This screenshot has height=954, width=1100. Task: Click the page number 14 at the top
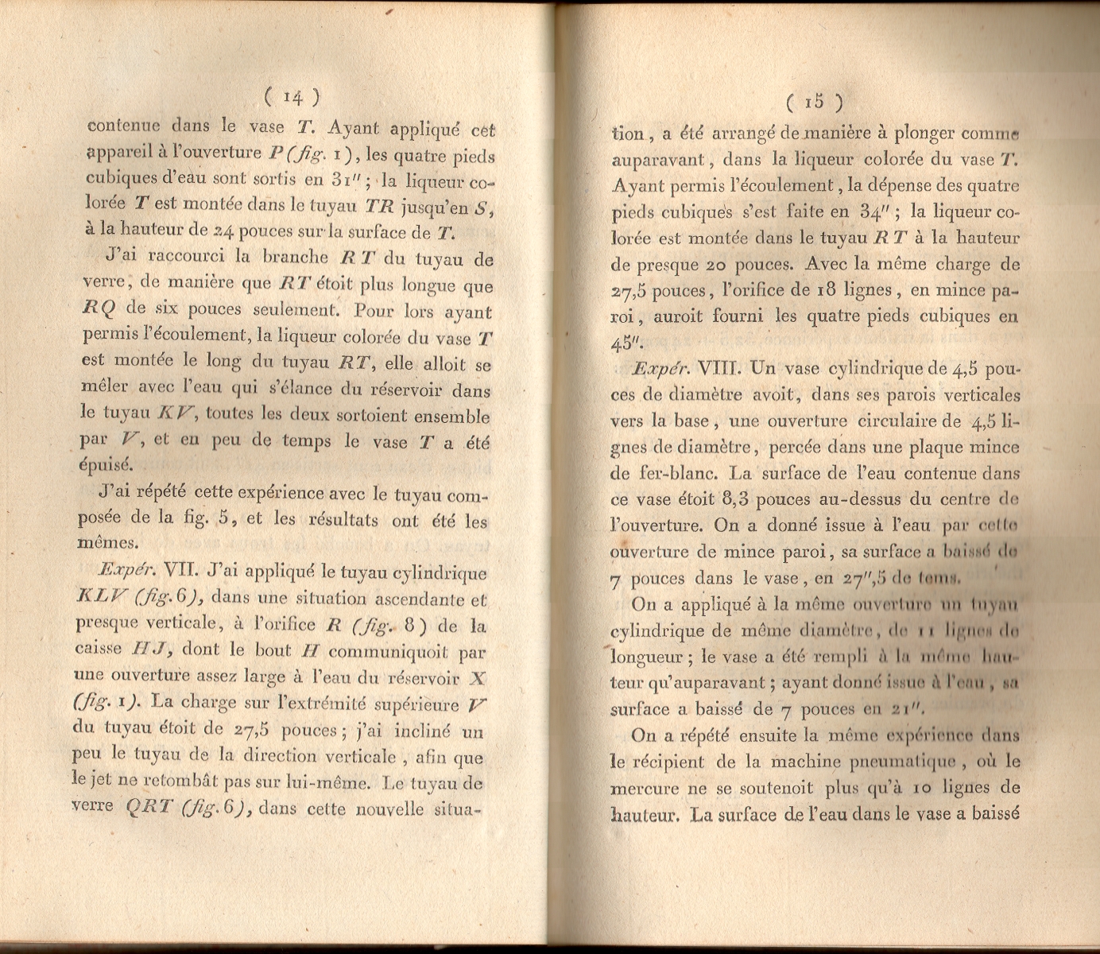[x=292, y=96]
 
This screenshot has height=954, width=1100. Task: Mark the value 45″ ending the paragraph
[x=627, y=343]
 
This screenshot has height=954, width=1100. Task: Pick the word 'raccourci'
[x=184, y=257]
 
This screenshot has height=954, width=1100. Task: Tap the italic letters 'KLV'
[x=100, y=598]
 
